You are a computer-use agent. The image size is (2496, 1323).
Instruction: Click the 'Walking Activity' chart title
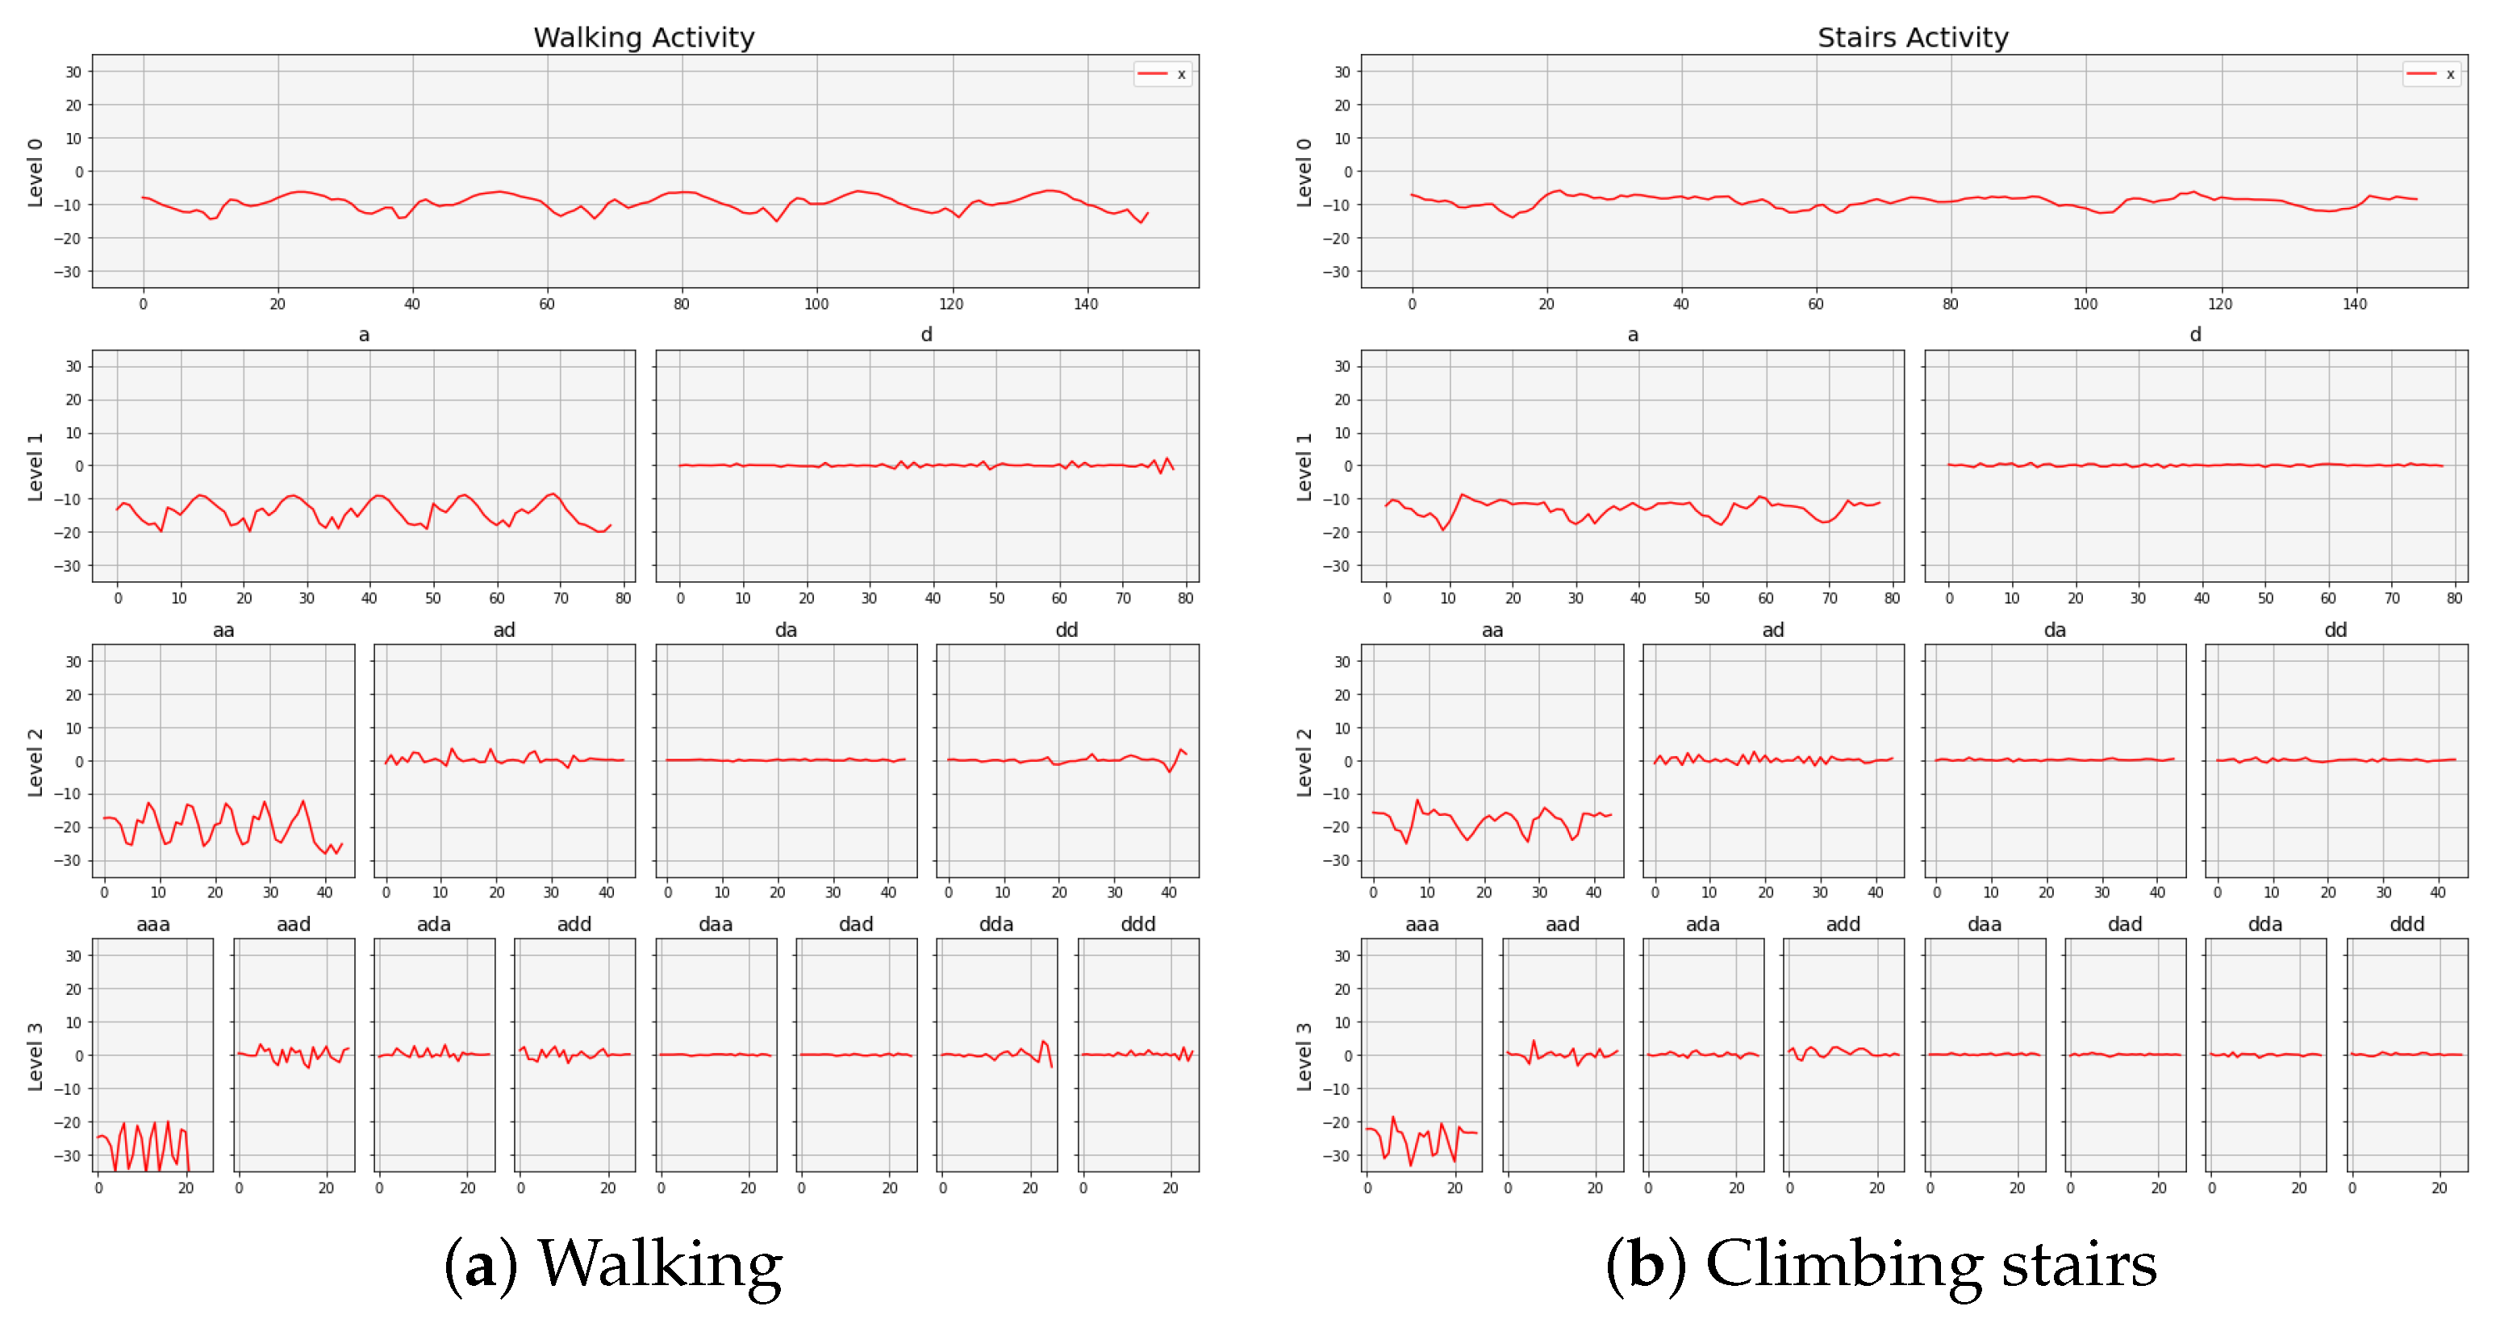(x=644, y=37)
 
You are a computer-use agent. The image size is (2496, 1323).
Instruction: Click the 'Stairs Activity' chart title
(x=1912, y=37)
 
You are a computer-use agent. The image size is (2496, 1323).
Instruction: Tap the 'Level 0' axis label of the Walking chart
(x=35, y=173)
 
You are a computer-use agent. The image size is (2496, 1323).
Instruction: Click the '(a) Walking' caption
(x=612, y=1264)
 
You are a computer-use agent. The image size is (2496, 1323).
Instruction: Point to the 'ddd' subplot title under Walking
(x=1137, y=924)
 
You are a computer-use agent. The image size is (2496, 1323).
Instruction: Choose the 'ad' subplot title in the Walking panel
(x=504, y=630)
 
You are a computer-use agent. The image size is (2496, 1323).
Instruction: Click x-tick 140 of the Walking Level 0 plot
(x=1085, y=304)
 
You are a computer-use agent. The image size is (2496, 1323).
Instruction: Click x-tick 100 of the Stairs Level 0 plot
(x=2085, y=304)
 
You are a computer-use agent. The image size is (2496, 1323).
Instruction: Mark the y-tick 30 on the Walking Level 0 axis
(x=73, y=72)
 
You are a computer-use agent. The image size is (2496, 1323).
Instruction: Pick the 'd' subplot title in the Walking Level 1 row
(x=926, y=334)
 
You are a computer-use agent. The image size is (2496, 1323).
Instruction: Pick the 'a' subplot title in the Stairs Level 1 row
(x=1632, y=334)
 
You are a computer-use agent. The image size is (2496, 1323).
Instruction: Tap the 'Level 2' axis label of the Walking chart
(x=35, y=761)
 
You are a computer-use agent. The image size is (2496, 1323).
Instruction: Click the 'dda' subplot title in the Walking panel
(x=996, y=924)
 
